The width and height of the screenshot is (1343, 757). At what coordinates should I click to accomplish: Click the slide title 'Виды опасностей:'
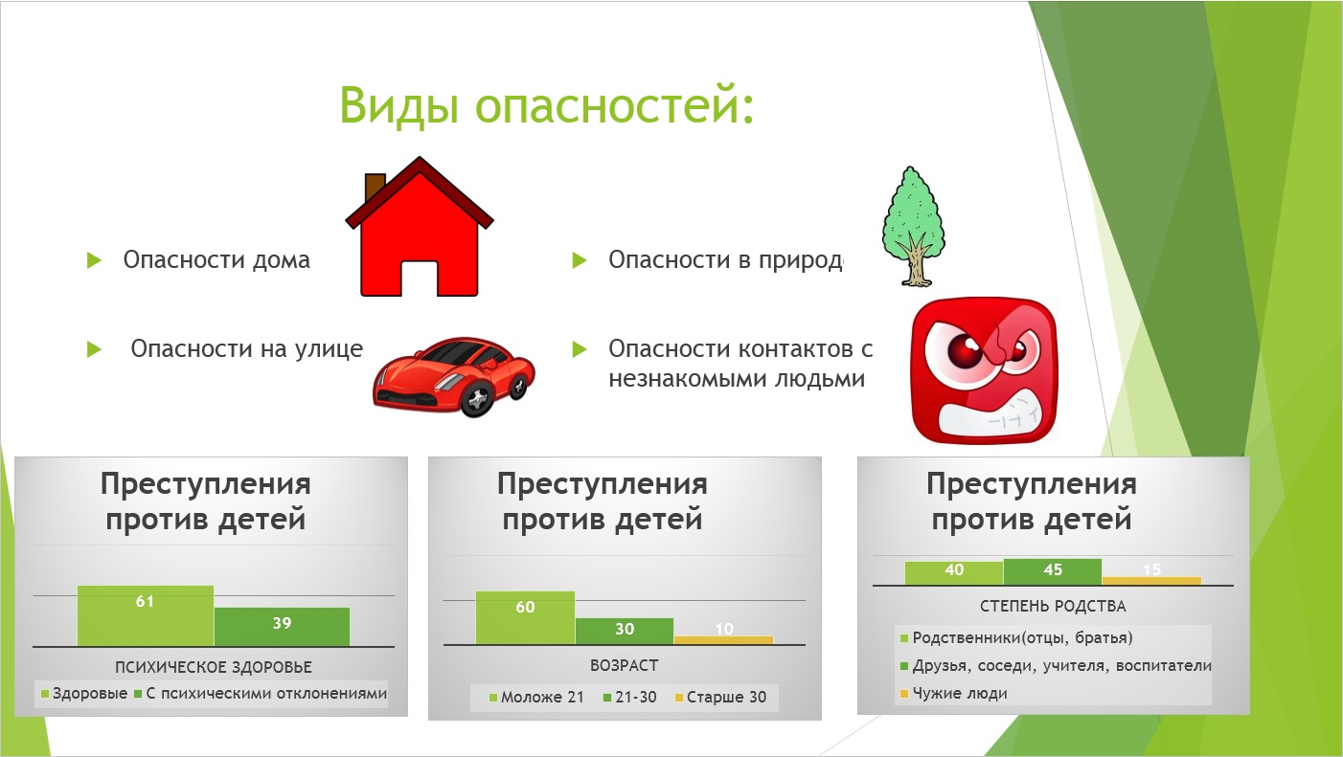click(x=546, y=105)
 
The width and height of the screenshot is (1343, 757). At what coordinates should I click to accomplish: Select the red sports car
click(x=454, y=376)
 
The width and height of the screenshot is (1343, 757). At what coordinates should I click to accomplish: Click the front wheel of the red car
click(x=478, y=398)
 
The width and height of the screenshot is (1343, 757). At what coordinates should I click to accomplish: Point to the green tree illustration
click(x=913, y=227)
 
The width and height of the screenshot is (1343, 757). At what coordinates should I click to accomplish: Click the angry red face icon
click(x=984, y=370)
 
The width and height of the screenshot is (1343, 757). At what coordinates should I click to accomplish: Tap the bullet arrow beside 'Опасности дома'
click(x=94, y=260)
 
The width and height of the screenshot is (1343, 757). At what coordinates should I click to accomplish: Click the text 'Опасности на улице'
click(x=247, y=348)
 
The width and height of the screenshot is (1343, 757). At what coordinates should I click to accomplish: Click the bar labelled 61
click(x=145, y=615)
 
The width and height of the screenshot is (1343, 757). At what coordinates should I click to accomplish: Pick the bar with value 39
click(x=282, y=627)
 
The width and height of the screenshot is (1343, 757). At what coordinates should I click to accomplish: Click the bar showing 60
click(x=525, y=617)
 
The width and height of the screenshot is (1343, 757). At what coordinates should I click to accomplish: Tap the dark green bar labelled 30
click(x=625, y=632)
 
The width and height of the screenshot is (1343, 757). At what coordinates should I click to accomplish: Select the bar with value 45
click(x=1052, y=571)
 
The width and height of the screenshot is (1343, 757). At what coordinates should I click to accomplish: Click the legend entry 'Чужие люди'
click(x=953, y=694)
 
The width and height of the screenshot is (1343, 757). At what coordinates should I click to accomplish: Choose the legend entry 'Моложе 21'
click(x=536, y=697)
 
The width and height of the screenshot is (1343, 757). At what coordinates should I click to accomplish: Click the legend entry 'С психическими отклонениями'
click(x=261, y=694)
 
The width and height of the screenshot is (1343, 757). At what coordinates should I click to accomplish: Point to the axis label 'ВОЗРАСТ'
click(x=625, y=665)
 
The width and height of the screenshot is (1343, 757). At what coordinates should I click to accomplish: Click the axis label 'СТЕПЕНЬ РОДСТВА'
click(x=1053, y=606)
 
